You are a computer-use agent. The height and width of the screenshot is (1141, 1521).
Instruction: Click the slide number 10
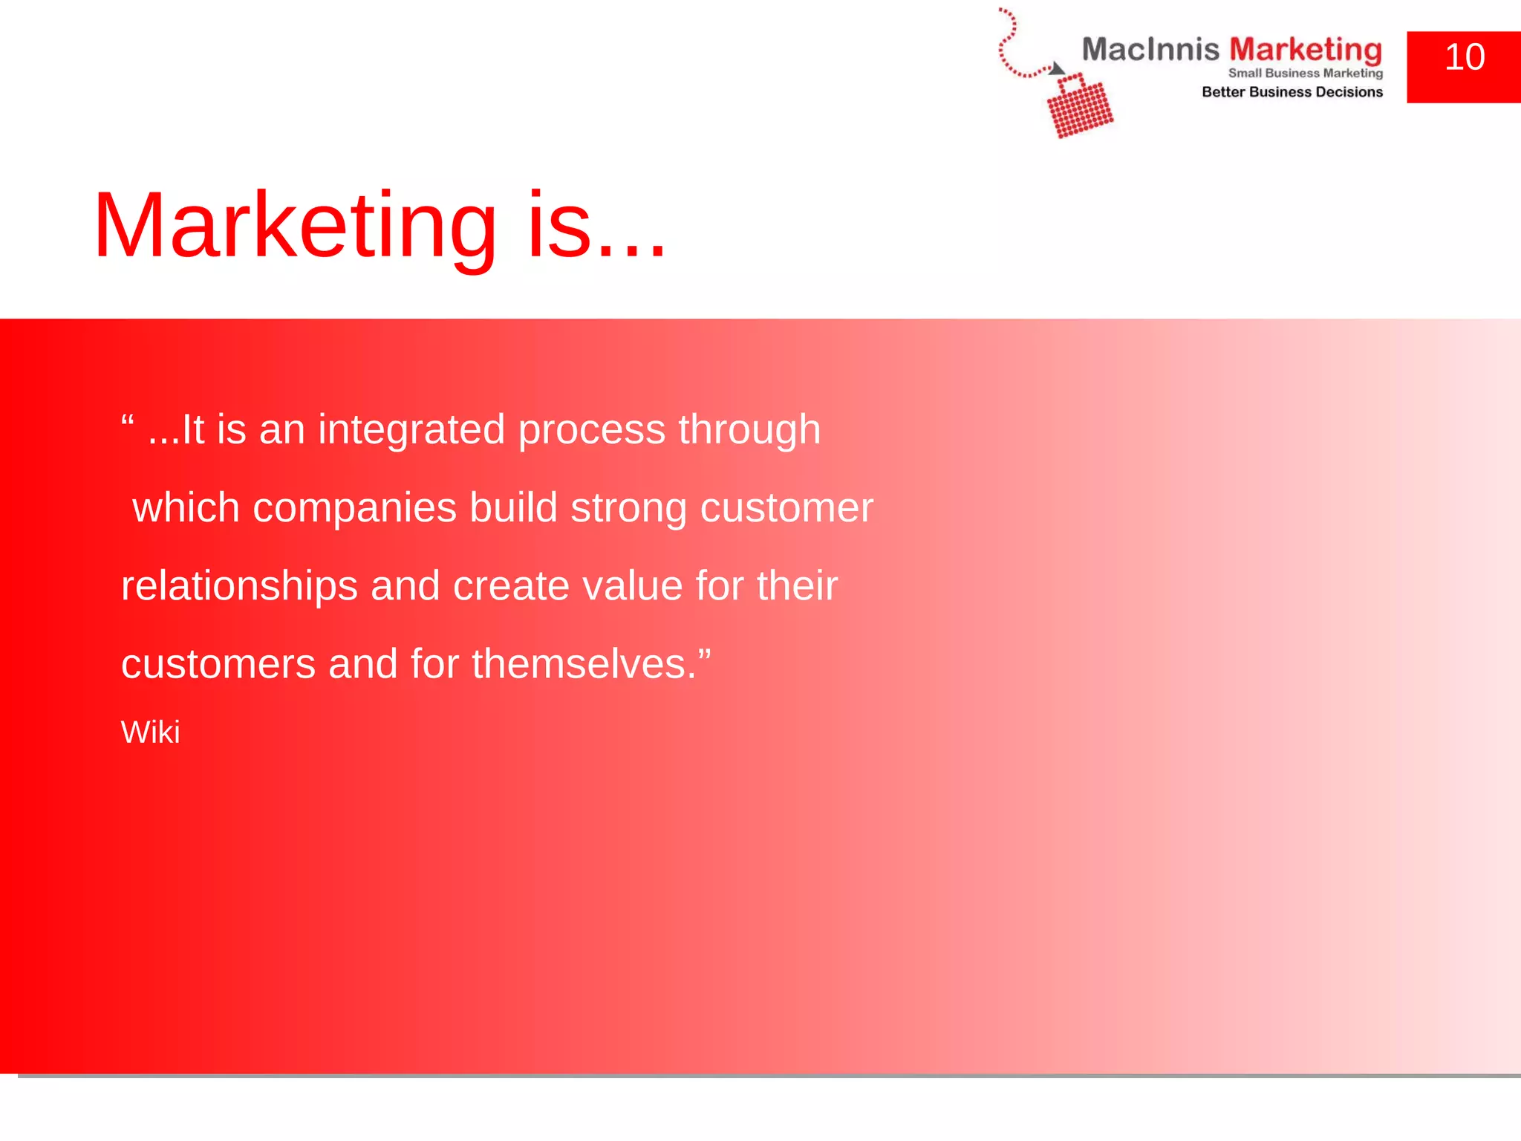tap(1464, 58)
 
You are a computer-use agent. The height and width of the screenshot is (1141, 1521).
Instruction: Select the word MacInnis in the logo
tap(1150, 50)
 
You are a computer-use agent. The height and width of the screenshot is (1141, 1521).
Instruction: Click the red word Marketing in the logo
tap(1305, 51)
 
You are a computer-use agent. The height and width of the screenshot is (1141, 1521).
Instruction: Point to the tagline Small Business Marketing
tap(1305, 73)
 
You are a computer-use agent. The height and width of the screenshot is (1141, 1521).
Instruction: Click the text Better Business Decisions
tap(1292, 92)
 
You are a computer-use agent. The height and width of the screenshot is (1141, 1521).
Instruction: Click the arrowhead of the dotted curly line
tap(1057, 69)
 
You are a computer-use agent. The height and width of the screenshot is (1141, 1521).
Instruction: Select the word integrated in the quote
tap(411, 430)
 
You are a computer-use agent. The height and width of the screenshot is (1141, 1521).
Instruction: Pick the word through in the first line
tap(749, 430)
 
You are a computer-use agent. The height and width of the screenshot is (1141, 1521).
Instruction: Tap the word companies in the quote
tap(354, 510)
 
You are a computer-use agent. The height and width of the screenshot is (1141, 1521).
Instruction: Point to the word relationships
tap(239, 587)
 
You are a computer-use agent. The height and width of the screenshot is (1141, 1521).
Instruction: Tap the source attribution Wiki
tap(150, 732)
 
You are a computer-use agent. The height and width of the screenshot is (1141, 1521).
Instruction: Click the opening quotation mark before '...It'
tap(127, 420)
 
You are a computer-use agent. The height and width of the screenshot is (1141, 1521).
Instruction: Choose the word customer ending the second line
tap(786, 509)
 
